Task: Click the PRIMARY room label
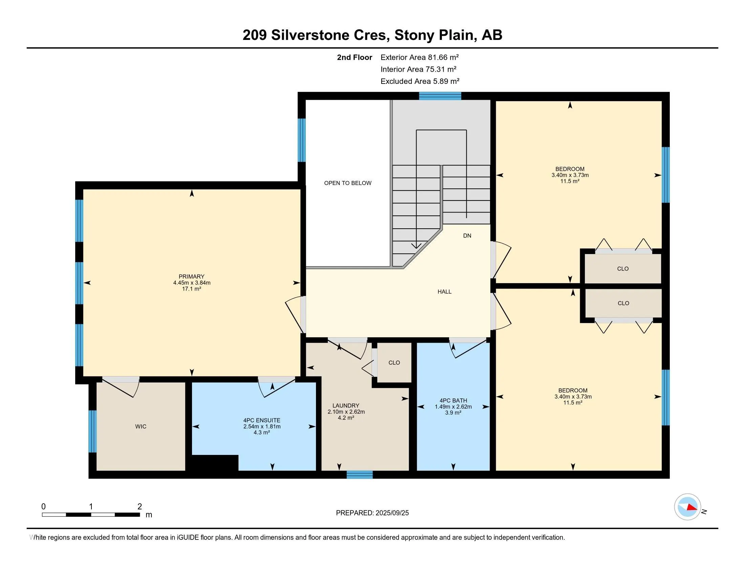click(x=191, y=277)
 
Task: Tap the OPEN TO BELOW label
click(x=347, y=183)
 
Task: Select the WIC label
click(x=141, y=427)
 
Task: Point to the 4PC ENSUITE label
click(x=262, y=420)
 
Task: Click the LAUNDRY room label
click(x=346, y=405)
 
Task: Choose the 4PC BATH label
click(x=453, y=400)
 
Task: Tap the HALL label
click(x=445, y=292)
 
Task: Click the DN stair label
click(x=467, y=236)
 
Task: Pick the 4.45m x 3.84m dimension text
click(x=192, y=283)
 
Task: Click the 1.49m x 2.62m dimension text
click(x=453, y=407)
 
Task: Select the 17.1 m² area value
click(x=191, y=289)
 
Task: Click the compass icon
click(x=687, y=507)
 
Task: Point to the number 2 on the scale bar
click(x=140, y=507)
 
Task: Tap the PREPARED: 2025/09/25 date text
click(x=372, y=513)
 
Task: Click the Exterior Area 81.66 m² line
click(x=420, y=57)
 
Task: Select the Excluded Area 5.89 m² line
click(x=420, y=81)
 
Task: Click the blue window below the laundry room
click(x=360, y=475)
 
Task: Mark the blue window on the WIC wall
click(x=92, y=431)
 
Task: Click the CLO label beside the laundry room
click(x=394, y=363)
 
